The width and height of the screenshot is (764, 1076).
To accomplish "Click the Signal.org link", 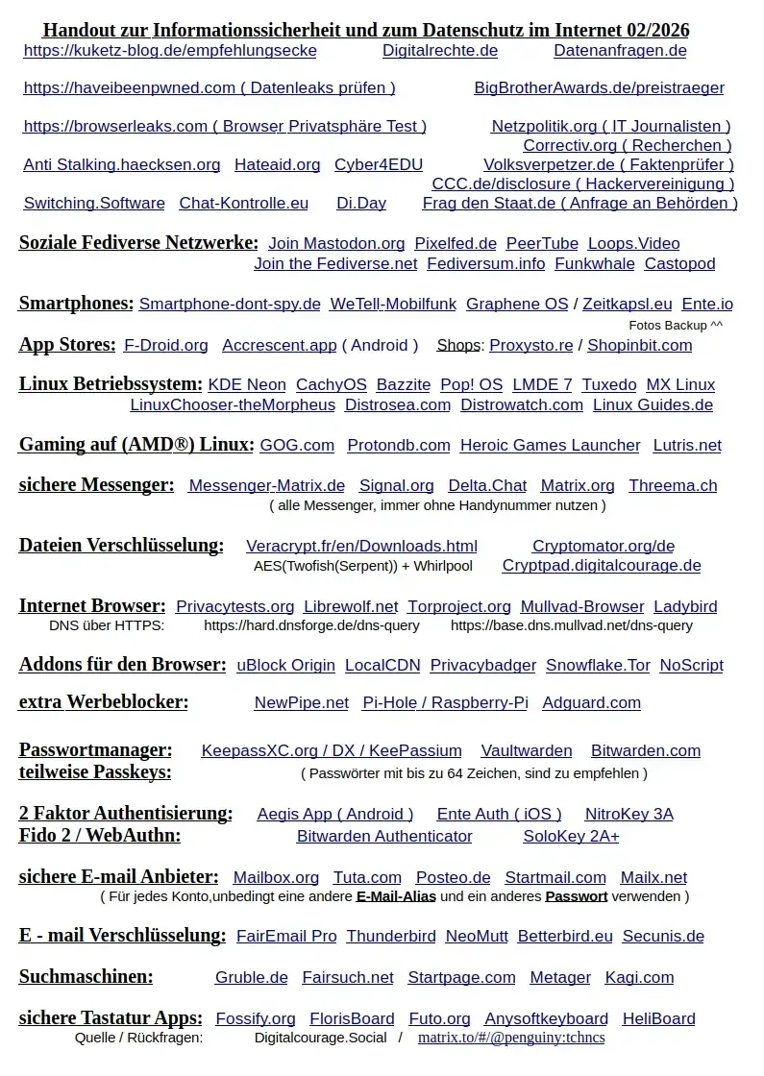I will click(x=396, y=486).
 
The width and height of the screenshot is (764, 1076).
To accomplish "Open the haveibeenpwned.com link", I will click(x=209, y=88).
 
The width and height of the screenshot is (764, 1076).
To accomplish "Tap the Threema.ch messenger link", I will click(x=673, y=486).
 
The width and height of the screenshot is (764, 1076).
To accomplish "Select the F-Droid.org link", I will click(x=165, y=345).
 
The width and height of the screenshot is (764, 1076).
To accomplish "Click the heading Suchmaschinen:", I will click(x=86, y=977).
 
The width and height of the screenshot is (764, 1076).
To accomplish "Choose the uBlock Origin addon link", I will click(x=285, y=666).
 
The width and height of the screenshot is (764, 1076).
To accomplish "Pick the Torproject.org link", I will click(x=458, y=607).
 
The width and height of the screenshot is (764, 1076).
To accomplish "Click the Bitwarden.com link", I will click(x=645, y=751).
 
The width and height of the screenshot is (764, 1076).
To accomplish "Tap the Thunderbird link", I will click(x=391, y=937).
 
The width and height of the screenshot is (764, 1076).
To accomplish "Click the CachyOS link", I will click(x=331, y=385).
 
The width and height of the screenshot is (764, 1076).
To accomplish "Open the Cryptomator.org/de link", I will click(x=604, y=547).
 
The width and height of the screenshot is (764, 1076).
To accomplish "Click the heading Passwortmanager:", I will click(x=95, y=750).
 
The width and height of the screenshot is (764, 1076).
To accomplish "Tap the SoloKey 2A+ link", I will click(x=571, y=837).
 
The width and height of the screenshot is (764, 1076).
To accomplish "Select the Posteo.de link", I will click(x=453, y=878).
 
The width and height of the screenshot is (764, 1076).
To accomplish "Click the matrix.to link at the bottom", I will click(x=511, y=1039).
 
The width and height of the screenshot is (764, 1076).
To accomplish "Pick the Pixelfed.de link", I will click(x=456, y=244).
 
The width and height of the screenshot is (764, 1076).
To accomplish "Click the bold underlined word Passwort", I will click(x=576, y=896).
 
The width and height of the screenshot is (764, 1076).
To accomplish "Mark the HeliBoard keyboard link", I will click(x=658, y=1019).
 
